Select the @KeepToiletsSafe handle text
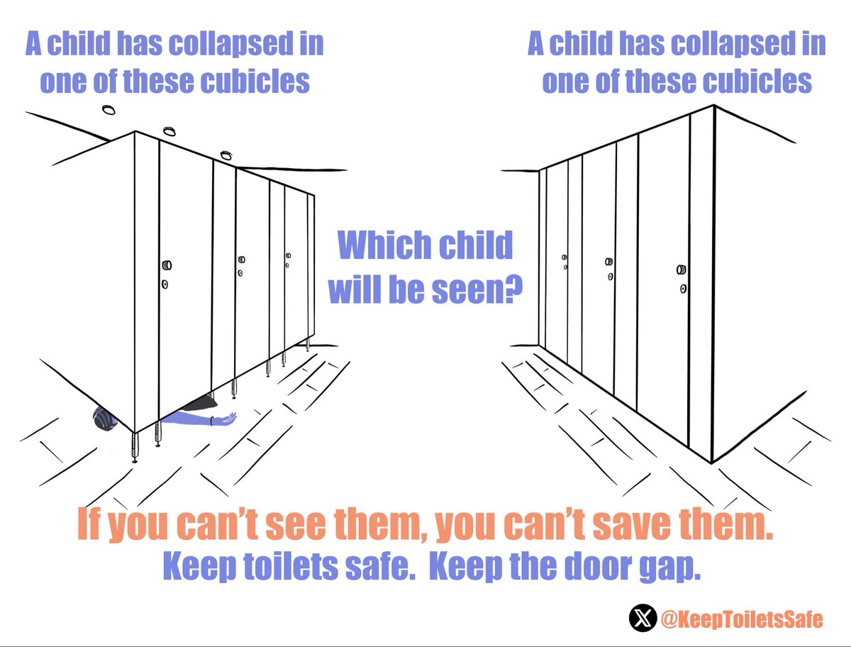tap(741, 619)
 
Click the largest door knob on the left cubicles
tap(167, 265)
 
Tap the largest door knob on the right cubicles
tap(682, 269)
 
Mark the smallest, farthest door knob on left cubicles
tap(288, 256)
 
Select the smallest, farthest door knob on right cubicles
tap(564, 257)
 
